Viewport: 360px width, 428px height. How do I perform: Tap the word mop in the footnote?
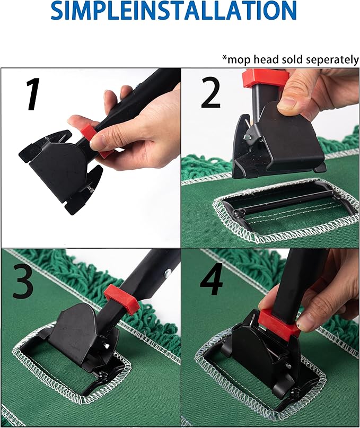click(236, 59)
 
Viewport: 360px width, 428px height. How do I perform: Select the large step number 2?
click(210, 91)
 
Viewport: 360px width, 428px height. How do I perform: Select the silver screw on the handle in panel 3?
click(168, 273)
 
